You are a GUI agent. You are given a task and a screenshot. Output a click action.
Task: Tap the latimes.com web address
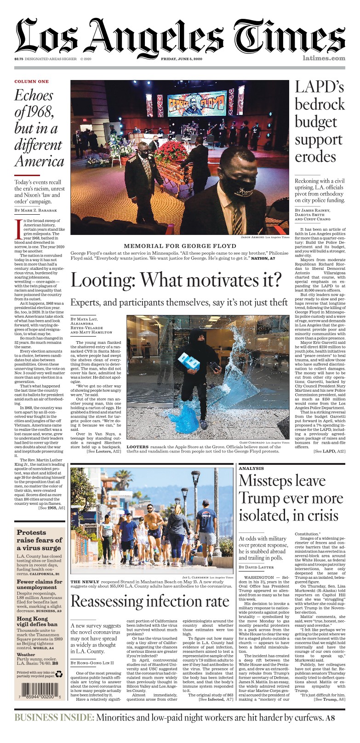[x=324, y=58]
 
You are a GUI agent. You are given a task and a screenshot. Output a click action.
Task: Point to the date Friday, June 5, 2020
[x=182, y=59]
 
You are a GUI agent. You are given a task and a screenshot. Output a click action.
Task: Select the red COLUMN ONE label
[x=31, y=81]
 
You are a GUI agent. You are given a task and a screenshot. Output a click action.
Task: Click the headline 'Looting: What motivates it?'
[x=176, y=280]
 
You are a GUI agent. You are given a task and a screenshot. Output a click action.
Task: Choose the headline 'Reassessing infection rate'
[x=150, y=601]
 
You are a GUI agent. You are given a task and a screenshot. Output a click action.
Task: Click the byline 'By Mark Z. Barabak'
[x=37, y=210]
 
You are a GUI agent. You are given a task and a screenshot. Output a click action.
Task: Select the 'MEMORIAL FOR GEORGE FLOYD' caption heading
[x=180, y=246]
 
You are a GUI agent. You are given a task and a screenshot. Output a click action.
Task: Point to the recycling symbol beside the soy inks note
[x=59, y=674]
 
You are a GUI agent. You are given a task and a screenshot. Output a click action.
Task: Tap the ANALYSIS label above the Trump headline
[x=251, y=468]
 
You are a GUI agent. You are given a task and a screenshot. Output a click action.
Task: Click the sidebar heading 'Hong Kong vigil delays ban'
[x=37, y=622]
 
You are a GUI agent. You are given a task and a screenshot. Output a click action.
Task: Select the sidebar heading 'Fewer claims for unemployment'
[x=40, y=584]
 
